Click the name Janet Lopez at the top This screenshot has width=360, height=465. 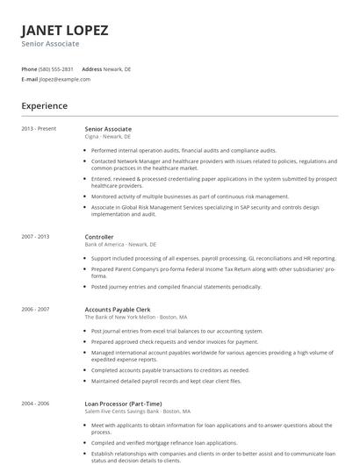[65, 30]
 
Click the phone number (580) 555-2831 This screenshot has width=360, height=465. [57, 68]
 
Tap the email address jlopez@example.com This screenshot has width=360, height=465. [65, 79]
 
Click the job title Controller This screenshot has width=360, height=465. [98, 237]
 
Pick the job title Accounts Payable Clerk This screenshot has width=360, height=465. [117, 309]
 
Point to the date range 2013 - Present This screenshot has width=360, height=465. [39, 129]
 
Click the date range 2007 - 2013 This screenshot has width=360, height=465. [36, 237]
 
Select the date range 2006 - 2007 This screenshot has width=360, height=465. [36, 309]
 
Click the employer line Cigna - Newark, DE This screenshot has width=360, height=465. [107, 137]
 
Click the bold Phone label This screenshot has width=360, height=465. [29, 68]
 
